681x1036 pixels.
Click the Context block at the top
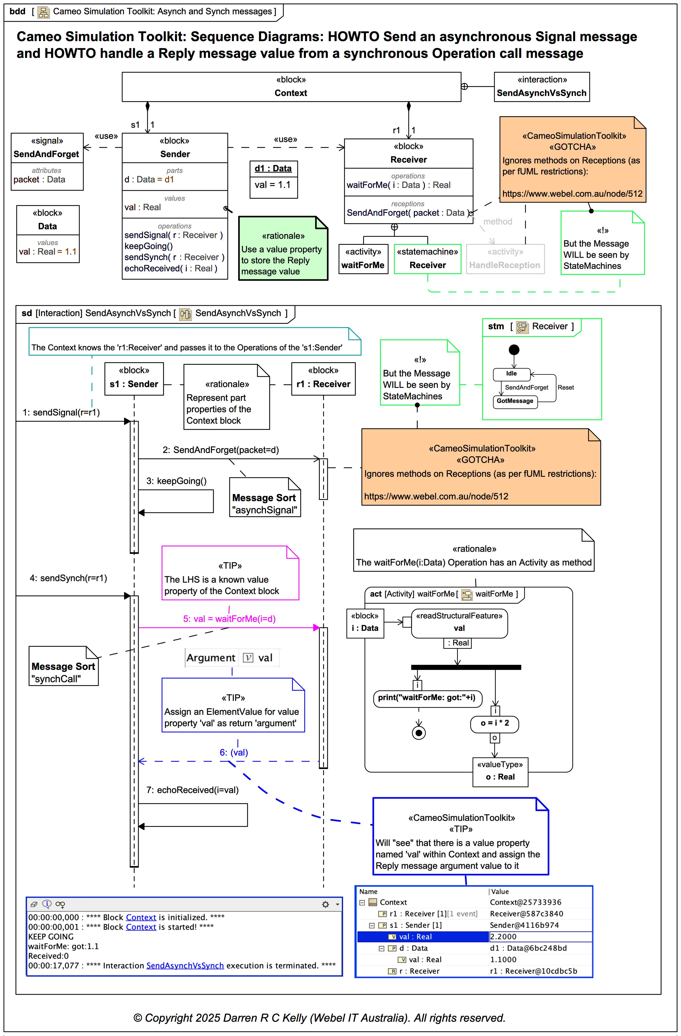pyautogui.click(x=291, y=87)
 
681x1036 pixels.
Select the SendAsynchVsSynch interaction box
pyautogui.click(x=541, y=87)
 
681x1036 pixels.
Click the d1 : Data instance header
pyautogui.click(x=273, y=169)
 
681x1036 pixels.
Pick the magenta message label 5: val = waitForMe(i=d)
pyautogui.click(x=229, y=619)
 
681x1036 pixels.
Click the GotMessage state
pyautogui.click(x=515, y=401)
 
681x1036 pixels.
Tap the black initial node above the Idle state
pyautogui.click(x=514, y=350)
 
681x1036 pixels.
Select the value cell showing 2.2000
pyautogui.click(x=540, y=936)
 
